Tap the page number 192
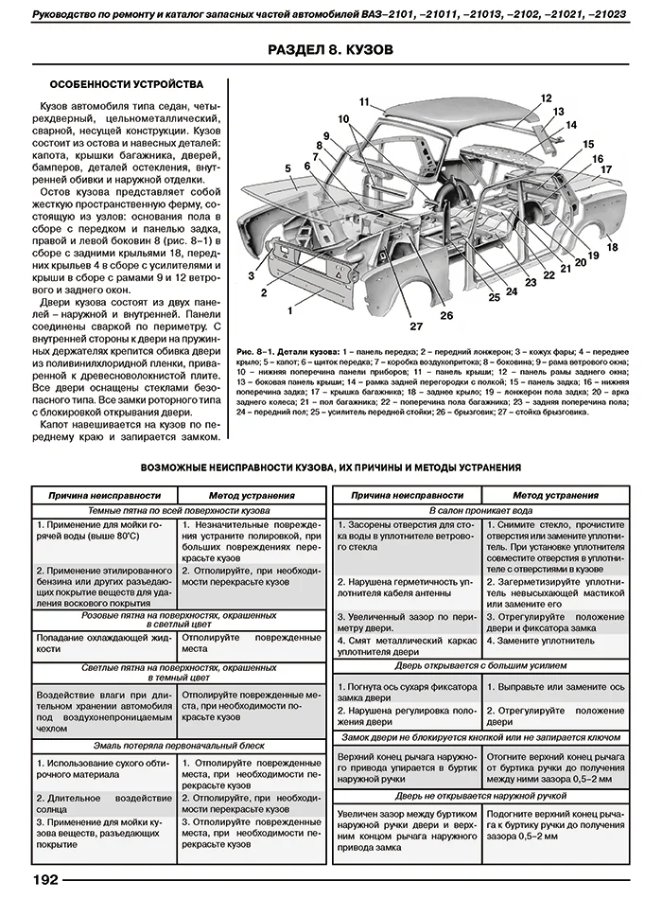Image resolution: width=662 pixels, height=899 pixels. tap(45, 880)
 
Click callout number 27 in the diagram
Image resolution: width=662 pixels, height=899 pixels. tap(415, 327)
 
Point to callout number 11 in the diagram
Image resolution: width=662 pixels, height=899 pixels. tap(365, 101)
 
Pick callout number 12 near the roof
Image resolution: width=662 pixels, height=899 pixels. tap(546, 98)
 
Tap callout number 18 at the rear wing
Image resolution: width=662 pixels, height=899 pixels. tap(612, 247)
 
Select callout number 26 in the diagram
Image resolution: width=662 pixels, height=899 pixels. tap(445, 315)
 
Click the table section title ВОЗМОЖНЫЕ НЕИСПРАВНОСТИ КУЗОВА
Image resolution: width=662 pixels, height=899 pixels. tap(330, 467)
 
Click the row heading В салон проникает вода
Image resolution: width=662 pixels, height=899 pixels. tap(481, 509)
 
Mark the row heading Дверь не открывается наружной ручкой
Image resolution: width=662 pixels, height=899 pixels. tap(481, 798)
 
